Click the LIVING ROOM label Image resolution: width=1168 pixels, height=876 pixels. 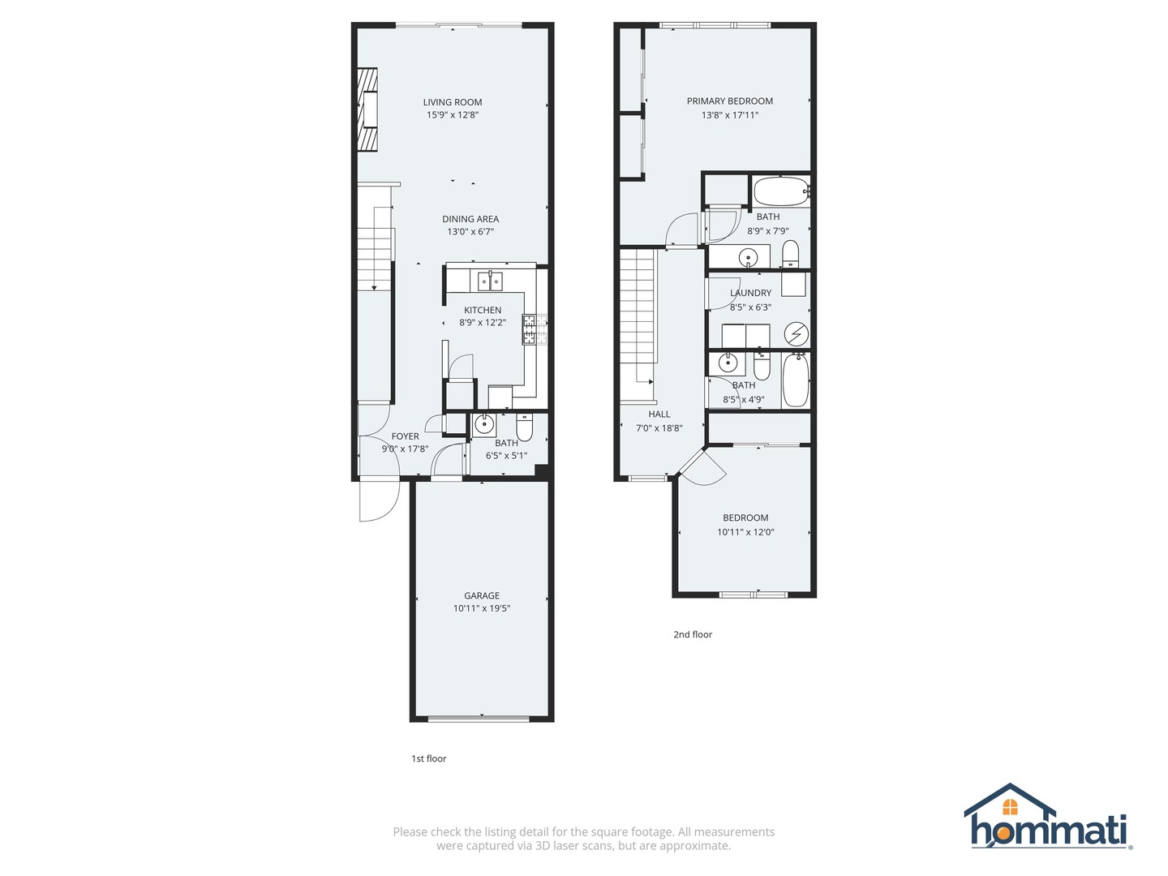point(453,102)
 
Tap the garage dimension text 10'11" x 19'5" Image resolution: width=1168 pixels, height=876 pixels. point(482,608)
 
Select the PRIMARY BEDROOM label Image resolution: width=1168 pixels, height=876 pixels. point(730,101)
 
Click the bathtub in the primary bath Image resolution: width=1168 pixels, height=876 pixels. point(780,193)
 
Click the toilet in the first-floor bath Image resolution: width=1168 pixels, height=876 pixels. point(525,427)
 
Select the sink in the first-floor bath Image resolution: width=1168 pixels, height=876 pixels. point(484,423)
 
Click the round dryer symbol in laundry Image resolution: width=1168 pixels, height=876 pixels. point(797,333)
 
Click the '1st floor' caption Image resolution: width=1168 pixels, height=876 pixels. point(428,759)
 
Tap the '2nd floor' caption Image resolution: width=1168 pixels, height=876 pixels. point(693,635)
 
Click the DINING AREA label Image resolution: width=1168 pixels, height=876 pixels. point(470,219)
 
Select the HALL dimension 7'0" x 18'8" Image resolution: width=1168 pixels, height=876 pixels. point(659,428)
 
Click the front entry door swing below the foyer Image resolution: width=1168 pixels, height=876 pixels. point(379,500)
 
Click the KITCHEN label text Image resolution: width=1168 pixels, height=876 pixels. point(483,310)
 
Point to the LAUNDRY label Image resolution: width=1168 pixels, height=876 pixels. point(751,293)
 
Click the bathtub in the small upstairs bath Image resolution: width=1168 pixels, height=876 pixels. point(796,380)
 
